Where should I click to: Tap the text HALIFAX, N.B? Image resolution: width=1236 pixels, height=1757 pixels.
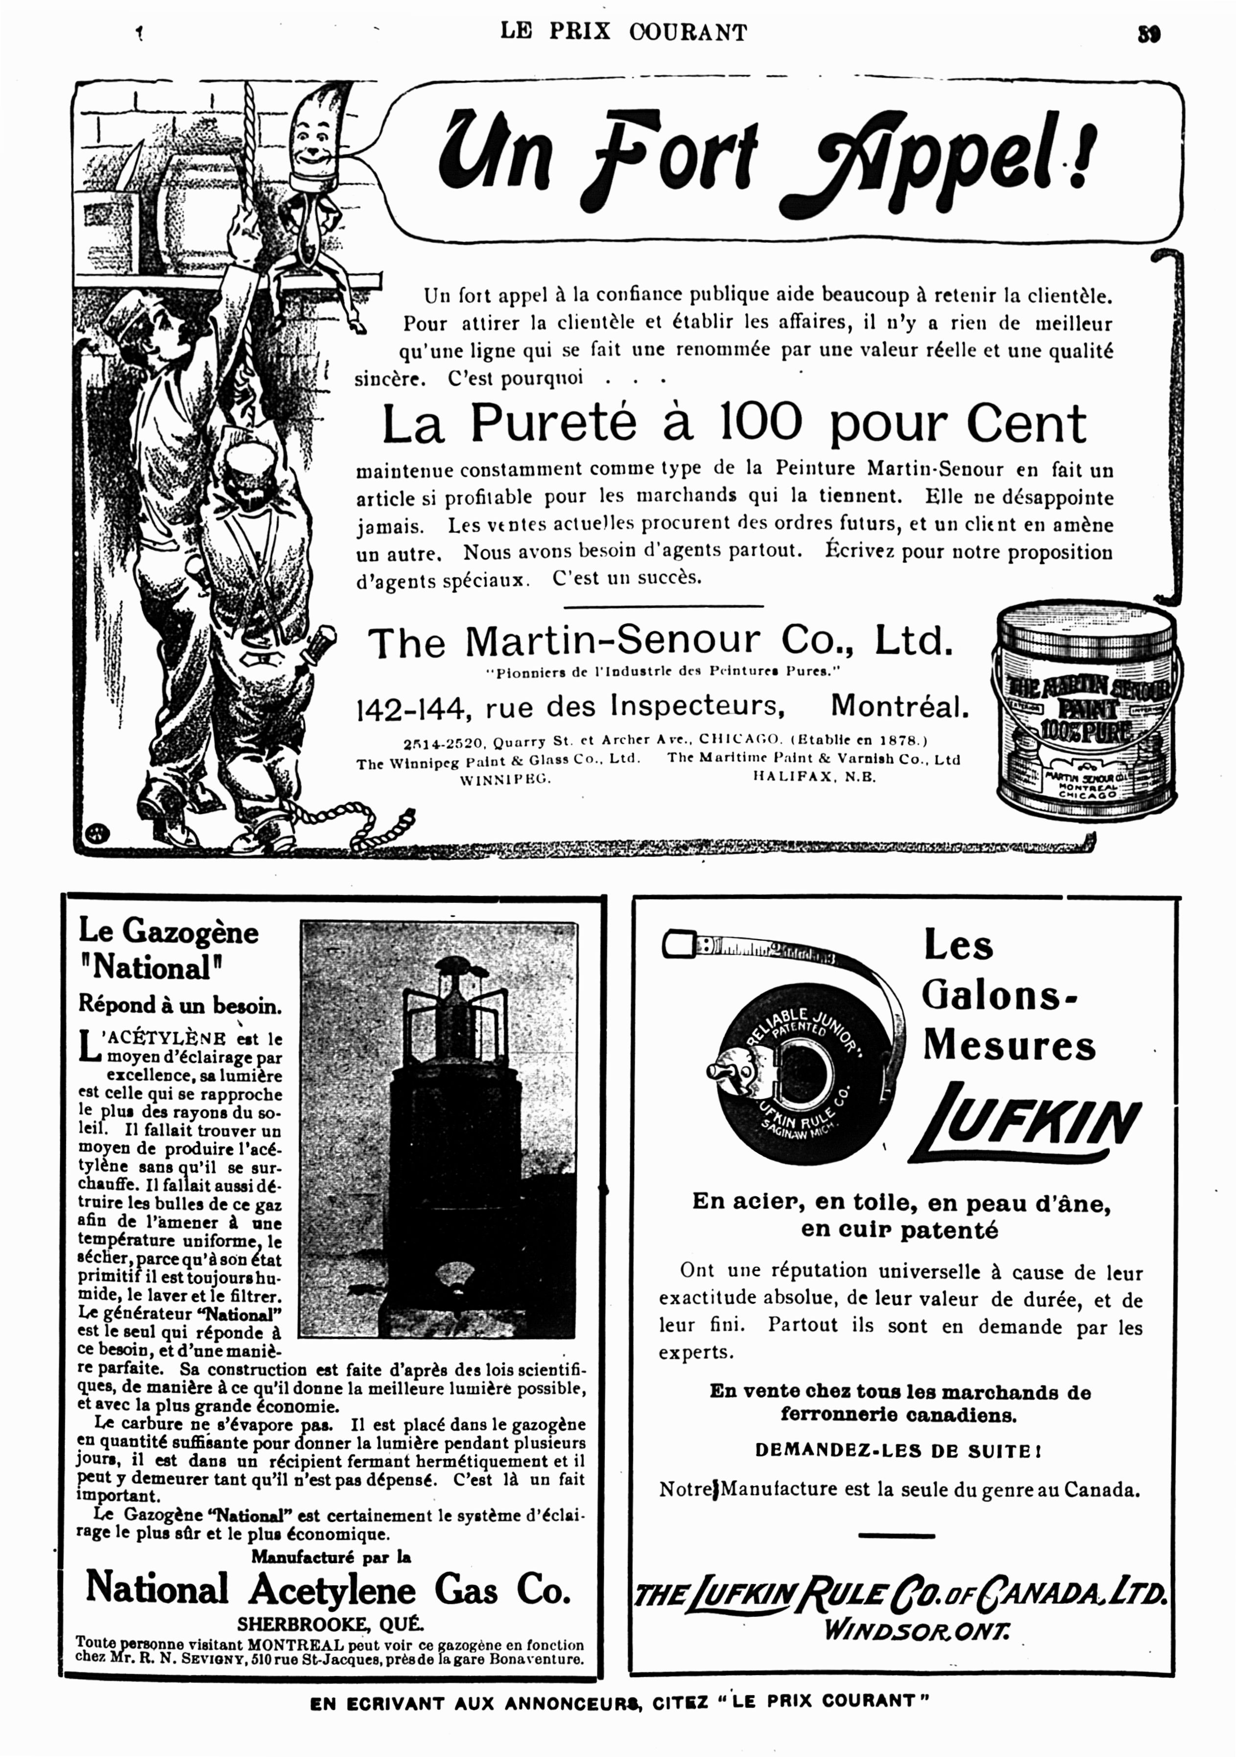[814, 777]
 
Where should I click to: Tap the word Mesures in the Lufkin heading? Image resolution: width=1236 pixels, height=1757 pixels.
[1009, 1046]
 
